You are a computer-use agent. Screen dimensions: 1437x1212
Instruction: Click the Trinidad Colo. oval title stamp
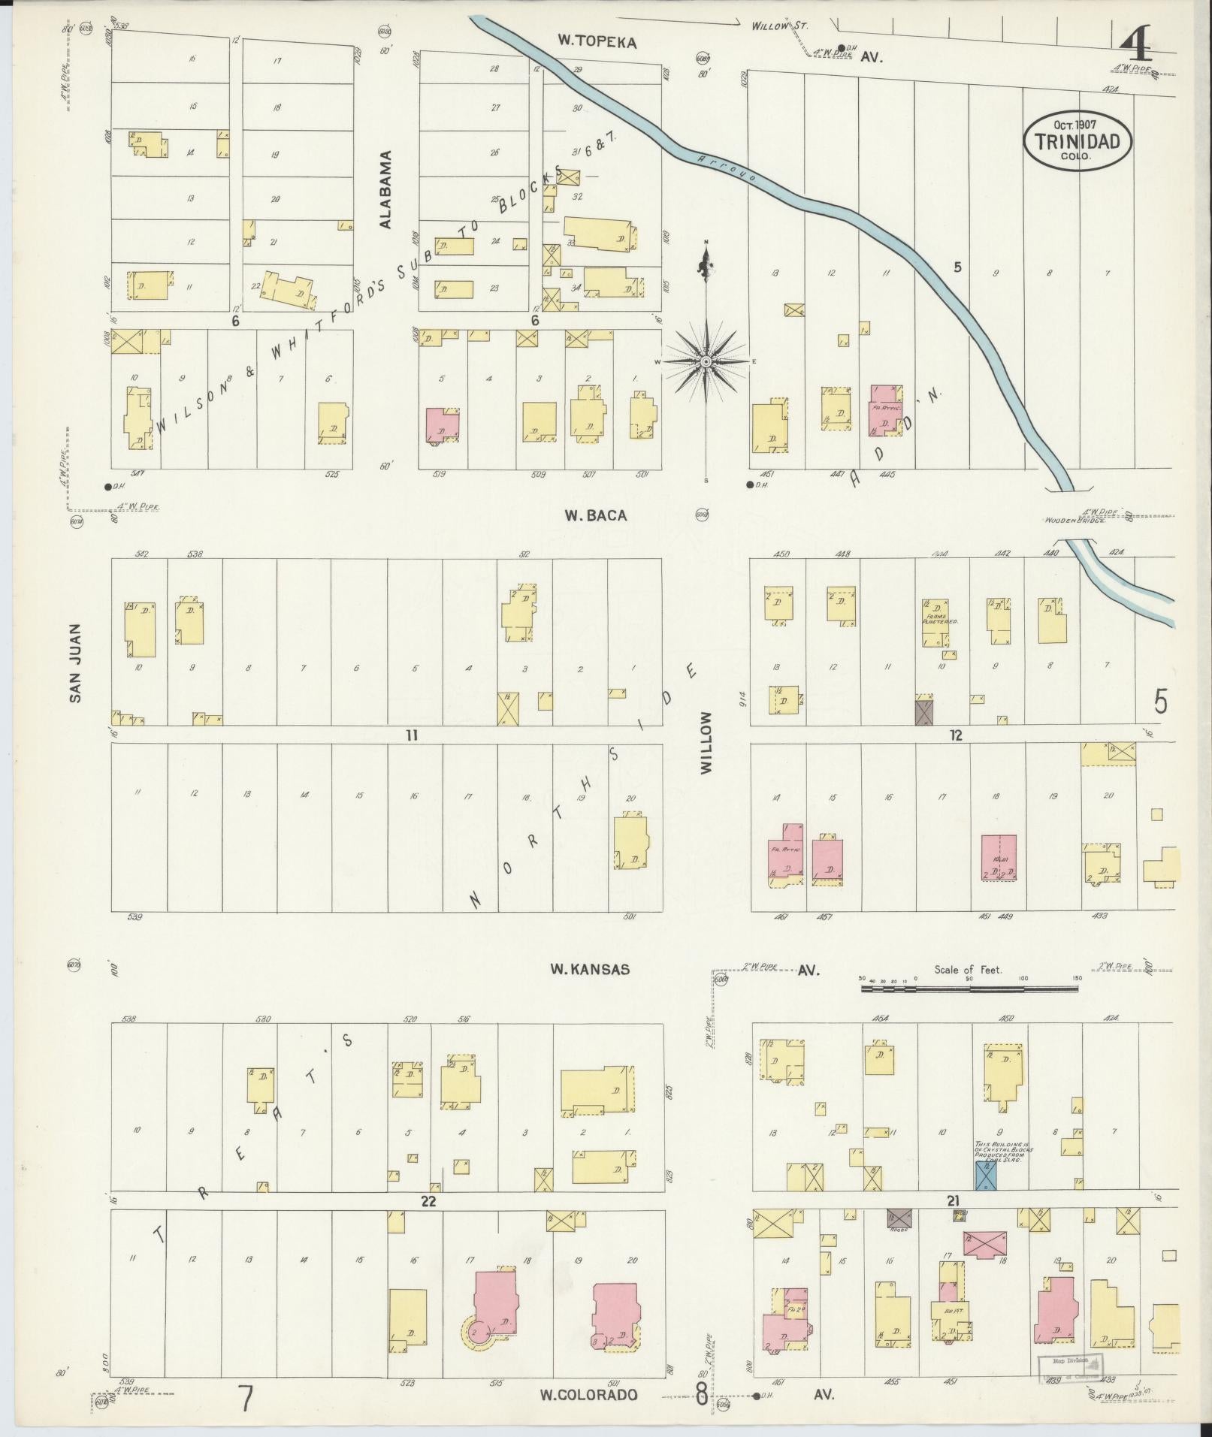(1076, 141)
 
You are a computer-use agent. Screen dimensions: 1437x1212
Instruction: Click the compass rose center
(706, 362)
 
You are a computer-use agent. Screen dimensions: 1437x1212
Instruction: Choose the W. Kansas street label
(590, 969)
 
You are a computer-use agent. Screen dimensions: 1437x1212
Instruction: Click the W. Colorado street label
(588, 1394)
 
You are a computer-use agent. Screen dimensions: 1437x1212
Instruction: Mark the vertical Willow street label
(706, 743)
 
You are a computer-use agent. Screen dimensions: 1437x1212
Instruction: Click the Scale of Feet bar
(969, 989)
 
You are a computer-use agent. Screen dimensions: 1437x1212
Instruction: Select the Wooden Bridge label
(1074, 520)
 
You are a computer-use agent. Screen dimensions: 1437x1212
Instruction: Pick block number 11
(411, 735)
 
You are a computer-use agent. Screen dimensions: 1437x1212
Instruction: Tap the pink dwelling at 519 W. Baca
(442, 425)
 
